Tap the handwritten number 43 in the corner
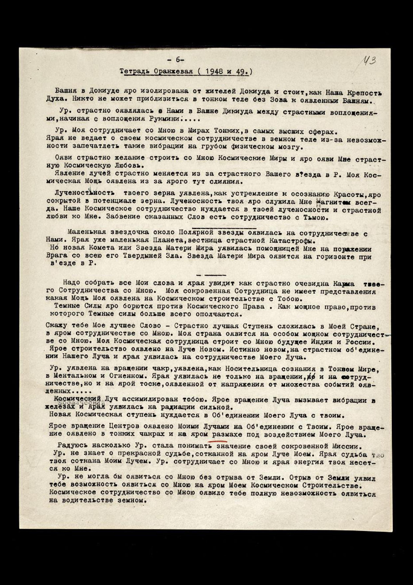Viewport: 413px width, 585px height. click(x=370, y=61)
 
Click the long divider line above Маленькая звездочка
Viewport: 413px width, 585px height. click(x=224, y=228)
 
